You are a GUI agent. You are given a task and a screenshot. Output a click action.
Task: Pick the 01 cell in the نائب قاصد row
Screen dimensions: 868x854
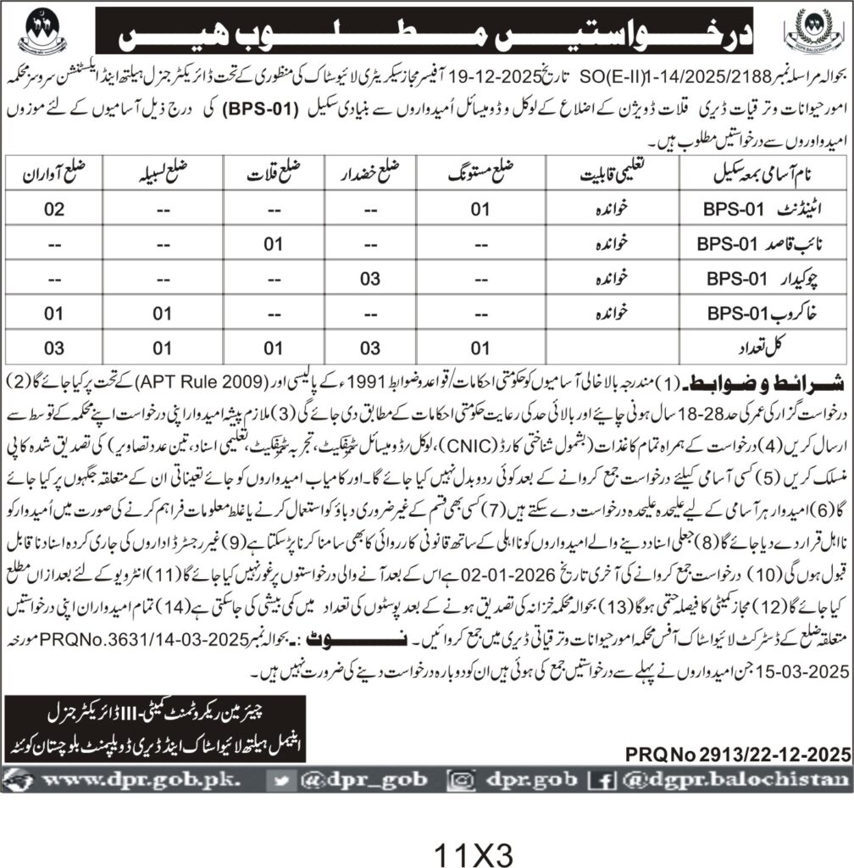pyautogui.click(x=271, y=243)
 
